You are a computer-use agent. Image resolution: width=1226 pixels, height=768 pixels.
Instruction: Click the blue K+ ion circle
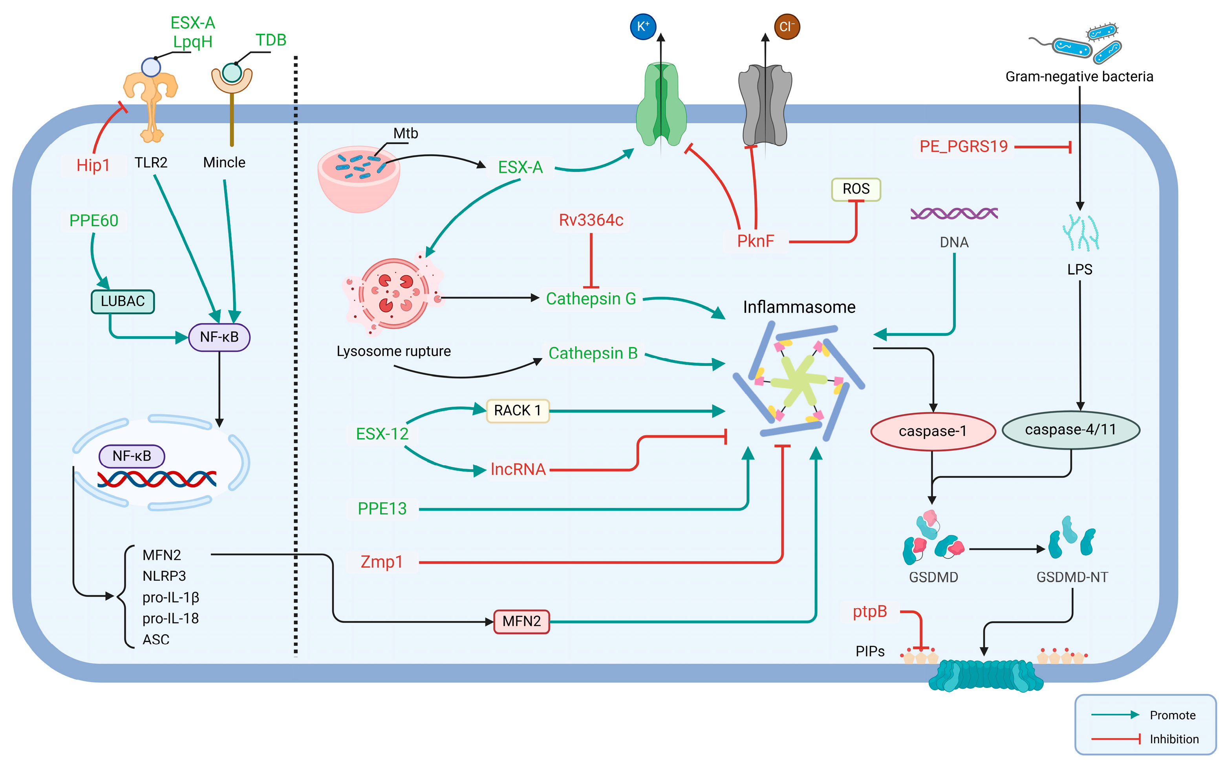click(x=642, y=26)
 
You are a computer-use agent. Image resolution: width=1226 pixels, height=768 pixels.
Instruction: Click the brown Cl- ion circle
click(x=786, y=26)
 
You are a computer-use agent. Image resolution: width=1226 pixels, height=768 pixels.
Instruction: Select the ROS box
click(x=855, y=189)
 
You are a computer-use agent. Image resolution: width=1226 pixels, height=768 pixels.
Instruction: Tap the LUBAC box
click(x=123, y=301)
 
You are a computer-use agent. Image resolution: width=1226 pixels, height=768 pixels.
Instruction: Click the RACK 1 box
click(x=517, y=410)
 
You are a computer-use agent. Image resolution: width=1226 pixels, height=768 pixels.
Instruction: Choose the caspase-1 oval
click(x=932, y=431)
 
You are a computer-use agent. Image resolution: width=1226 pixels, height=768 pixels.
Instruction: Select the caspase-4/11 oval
click(x=1070, y=430)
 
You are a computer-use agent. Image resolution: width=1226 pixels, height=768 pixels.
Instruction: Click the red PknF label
click(x=755, y=241)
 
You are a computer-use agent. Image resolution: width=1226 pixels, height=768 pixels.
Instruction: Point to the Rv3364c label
click(x=591, y=220)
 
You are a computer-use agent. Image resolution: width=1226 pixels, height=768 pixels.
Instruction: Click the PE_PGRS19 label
click(x=963, y=146)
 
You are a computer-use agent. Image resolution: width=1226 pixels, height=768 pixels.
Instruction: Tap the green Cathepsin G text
click(x=591, y=299)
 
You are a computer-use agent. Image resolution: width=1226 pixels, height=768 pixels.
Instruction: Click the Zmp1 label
click(x=381, y=562)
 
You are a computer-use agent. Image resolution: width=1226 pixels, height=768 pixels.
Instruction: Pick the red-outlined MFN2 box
click(x=521, y=621)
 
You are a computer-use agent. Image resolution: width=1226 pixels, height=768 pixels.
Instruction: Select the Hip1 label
click(x=93, y=165)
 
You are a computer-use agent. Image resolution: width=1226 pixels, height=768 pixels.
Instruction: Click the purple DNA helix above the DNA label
click(x=953, y=213)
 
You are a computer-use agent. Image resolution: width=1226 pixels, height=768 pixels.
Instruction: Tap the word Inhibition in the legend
click(x=1174, y=739)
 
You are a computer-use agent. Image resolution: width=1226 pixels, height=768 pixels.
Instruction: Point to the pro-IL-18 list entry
click(x=170, y=618)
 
